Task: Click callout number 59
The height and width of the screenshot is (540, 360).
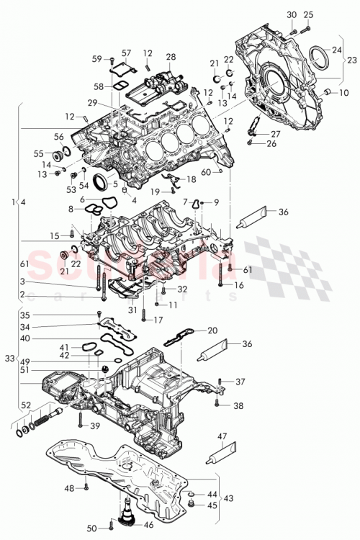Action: tap(96, 58)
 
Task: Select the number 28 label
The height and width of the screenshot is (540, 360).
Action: tap(171, 57)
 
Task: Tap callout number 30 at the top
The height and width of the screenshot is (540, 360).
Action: tap(291, 14)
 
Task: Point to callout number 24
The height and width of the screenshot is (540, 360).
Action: tap(337, 50)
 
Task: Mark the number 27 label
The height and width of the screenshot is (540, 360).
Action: tap(276, 134)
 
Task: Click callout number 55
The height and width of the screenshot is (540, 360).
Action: tap(40, 153)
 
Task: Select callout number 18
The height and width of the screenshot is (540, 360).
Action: tap(191, 179)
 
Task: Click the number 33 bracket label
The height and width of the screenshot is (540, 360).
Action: tap(9, 358)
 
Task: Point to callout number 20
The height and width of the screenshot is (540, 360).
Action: tap(212, 330)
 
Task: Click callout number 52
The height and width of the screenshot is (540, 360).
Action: tap(26, 405)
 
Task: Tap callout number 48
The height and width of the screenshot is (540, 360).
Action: tap(69, 488)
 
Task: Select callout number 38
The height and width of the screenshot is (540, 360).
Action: tap(240, 405)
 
